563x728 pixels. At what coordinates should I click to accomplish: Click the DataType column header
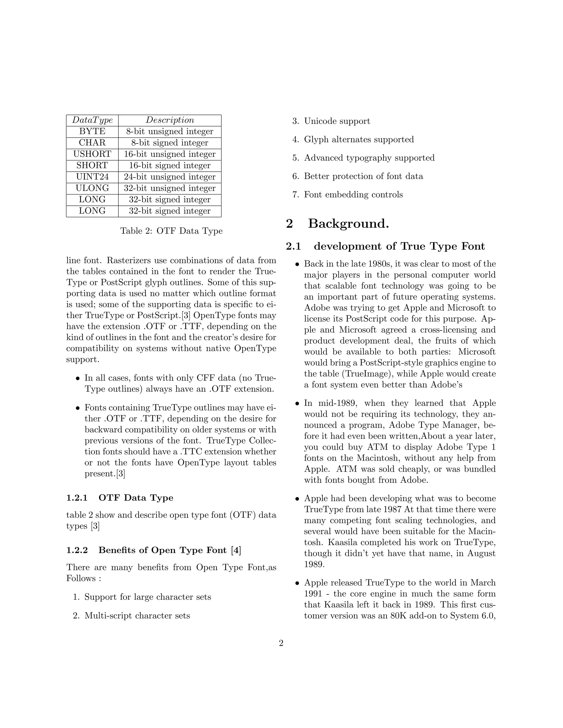point(92,120)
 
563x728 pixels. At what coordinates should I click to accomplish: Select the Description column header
point(170,120)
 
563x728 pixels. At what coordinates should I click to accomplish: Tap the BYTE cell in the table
point(92,131)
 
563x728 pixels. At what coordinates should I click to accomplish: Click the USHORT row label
point(92,154)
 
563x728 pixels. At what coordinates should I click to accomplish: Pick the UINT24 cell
point(92,177)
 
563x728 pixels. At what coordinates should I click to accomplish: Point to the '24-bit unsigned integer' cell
point(170,177)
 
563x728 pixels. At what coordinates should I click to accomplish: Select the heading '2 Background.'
point(337,223)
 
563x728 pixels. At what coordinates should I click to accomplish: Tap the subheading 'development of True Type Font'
point(399,246)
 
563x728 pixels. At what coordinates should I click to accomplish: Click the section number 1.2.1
point(77,498)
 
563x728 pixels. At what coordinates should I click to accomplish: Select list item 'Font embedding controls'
point(353,195)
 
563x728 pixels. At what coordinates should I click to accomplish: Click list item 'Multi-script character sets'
point(137,615)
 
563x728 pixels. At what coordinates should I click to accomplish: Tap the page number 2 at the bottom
point(281,643)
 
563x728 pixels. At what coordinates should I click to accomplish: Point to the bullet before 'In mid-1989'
point(297,404)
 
